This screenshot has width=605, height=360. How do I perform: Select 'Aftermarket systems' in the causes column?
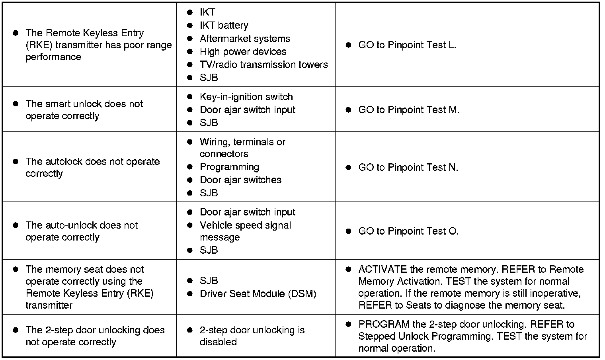coord(245,39)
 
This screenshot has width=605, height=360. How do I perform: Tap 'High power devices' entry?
coord(243,52)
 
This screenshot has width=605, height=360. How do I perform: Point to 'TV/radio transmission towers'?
coord(263,65)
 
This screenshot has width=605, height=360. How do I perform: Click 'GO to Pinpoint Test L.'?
coord(407,45)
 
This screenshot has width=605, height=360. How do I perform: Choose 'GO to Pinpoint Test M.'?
coord(409,110)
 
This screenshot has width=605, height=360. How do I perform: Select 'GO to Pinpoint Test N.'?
coord(408,168)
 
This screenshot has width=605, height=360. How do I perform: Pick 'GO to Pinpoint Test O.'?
coord(408,231)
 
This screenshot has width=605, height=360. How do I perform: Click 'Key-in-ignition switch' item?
coord(246,97)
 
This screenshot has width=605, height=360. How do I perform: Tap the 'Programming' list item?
coord(229,167)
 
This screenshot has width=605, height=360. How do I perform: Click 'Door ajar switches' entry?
coord(240,180)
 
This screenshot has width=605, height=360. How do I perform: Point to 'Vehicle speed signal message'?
coord(245,231)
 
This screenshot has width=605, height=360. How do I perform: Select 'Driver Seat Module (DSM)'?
coord(258,294)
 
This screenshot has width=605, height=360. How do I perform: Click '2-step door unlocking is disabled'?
coord(252,336)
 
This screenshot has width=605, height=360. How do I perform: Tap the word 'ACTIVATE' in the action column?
coord(383,270)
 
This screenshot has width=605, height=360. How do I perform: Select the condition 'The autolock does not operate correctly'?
coord(92,168)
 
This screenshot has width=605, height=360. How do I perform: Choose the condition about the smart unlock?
coord(84,110)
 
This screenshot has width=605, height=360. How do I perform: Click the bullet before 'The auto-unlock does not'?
coord(16,225)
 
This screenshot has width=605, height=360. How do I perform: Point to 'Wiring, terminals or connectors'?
coord(242,148)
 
